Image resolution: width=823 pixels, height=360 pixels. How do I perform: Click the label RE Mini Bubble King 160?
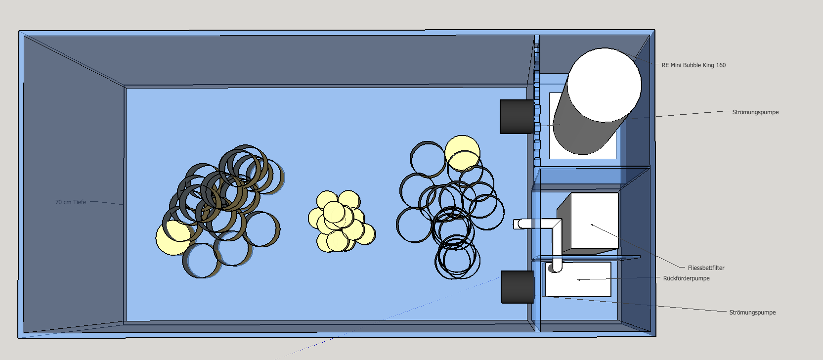693,65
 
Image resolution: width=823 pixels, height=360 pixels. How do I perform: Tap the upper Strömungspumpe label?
755,112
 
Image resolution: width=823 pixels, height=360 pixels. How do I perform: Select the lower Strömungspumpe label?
752,313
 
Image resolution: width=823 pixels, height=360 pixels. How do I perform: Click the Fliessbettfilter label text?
706,268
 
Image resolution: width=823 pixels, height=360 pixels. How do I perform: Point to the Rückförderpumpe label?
686,278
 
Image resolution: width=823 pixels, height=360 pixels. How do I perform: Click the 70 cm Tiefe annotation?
71,202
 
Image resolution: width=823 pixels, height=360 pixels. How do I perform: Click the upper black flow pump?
517,117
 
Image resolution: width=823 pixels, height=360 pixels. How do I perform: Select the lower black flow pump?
517,287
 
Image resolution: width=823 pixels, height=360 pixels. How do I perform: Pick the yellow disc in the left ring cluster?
173,238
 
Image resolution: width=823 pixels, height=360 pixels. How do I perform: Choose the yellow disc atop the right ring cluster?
462,152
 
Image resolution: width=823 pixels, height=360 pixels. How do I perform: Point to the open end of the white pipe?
517,225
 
